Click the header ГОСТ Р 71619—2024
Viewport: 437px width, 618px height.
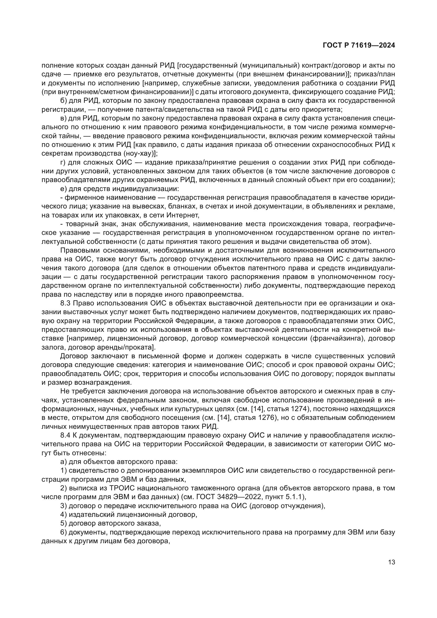(x=359, y=45)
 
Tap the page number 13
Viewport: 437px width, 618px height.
(x=392, y=562)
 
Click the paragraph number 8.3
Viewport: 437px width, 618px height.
(x=65, y=303)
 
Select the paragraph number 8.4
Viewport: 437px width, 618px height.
(x=65, y=435)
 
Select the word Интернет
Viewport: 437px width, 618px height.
(x=183, y=215)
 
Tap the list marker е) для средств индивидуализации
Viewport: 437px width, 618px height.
(x=63, y=189)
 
